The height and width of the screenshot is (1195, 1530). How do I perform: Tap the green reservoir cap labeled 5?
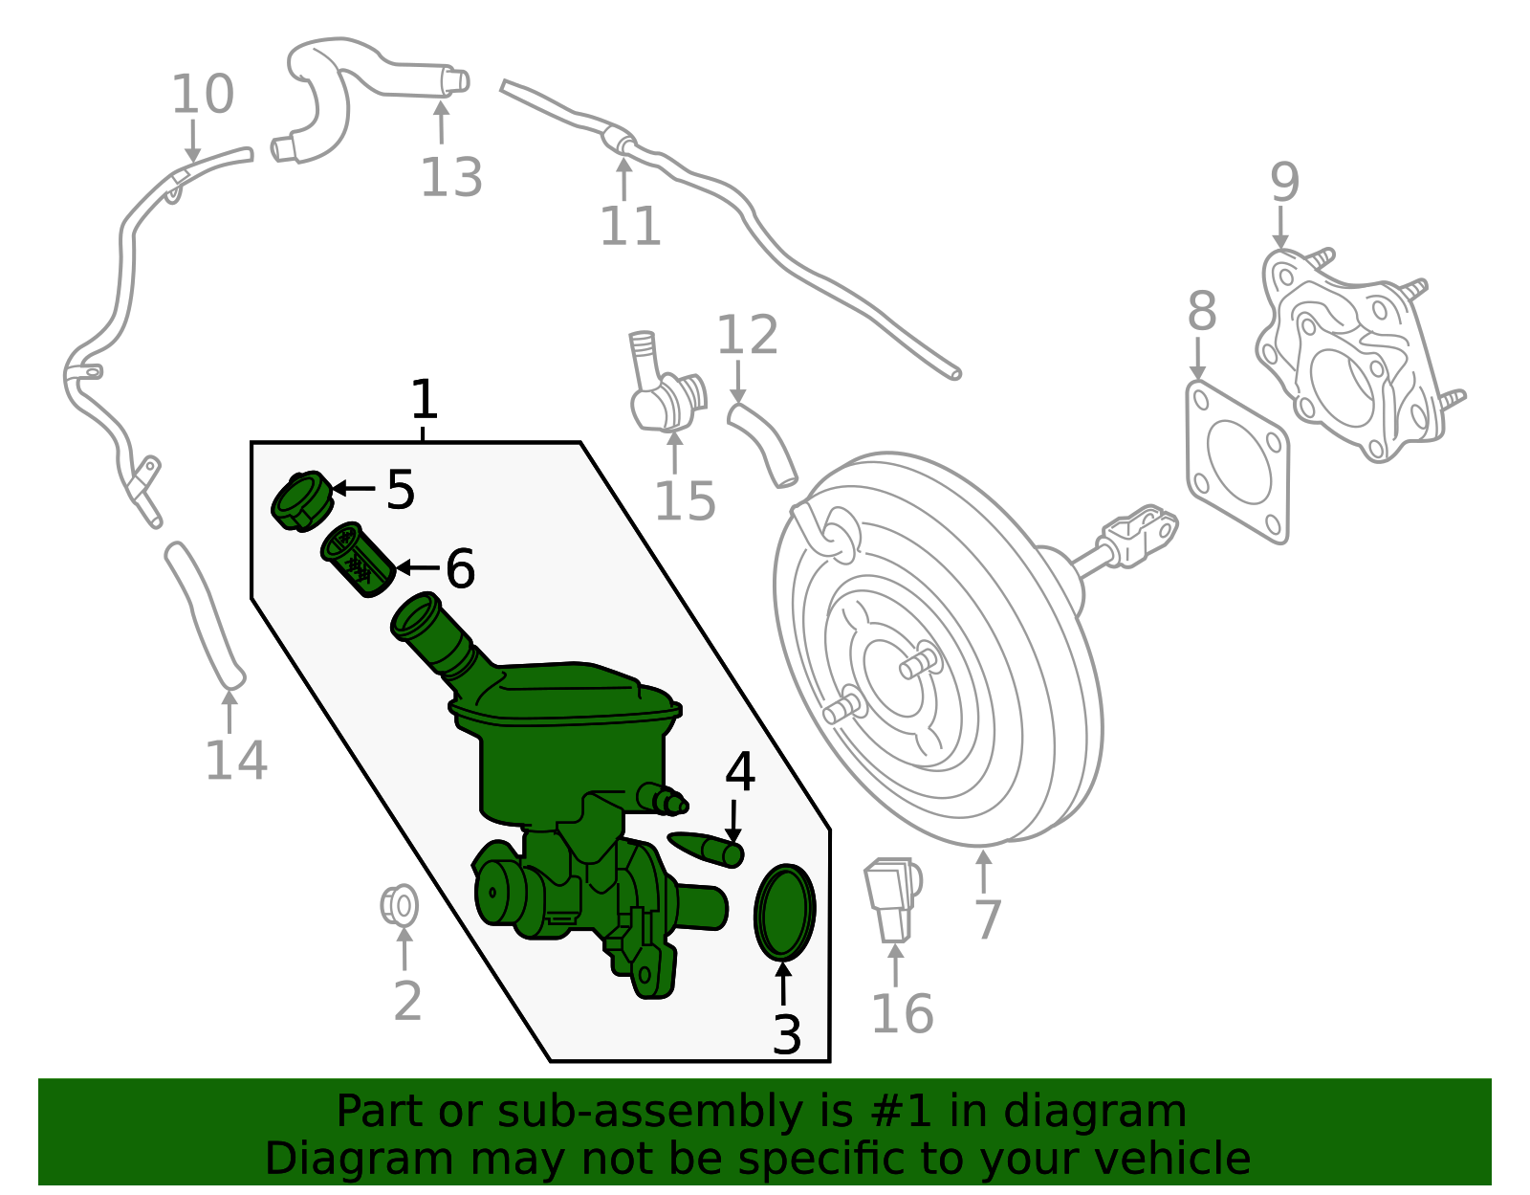(x=300, y=499)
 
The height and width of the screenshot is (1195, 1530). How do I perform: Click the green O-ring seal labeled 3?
(x=784, y=911)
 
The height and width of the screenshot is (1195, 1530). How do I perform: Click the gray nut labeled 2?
(x=400, y=904)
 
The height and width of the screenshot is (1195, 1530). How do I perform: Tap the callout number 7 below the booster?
(x=986, y=919)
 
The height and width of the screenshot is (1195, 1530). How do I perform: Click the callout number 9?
(x=1284, y=182)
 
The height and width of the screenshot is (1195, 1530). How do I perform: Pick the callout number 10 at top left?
(x=202, y=95)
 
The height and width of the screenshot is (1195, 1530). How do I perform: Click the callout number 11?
(x=630, y=227)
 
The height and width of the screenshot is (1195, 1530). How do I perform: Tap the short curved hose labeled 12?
(x=762, y=443)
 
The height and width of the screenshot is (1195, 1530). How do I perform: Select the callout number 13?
(x=451, y=178)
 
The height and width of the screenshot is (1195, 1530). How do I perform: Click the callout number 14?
(x=235, y=761)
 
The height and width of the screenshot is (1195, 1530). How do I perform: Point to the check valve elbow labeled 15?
(x=662, y=389)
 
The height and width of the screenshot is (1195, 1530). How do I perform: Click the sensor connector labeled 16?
(x=891, y=897)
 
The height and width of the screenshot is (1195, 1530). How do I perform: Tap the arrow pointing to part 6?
(x=417, y=568)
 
